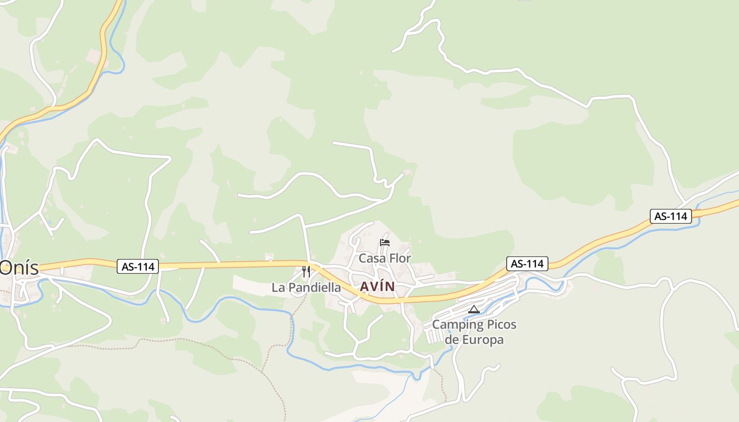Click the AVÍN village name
(x=377, y=286)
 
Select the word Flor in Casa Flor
(x=400, y=258)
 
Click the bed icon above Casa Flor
(x=385, y=243)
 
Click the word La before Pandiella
(x=278, y=287)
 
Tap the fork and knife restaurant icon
(x=306, y=272)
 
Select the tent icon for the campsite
(x=473, y=309)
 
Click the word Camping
(x=456, y=324)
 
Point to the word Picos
(x=499, y=324)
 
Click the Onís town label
(x=20, y=267)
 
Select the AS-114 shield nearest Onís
(x=138, y=267)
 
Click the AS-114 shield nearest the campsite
(x=527, y=264)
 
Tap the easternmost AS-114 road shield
(x=670, y=216)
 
